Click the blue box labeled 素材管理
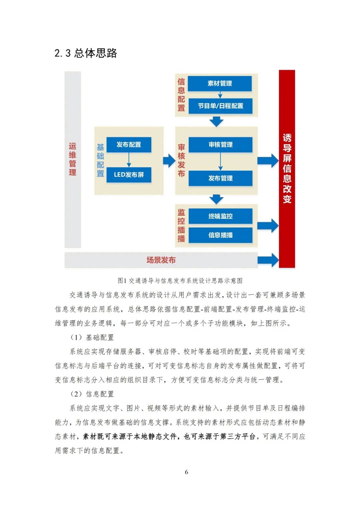point(220,83)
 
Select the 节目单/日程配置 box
point(220,106)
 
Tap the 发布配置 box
point(129,145)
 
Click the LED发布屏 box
point(129,175)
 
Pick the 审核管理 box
point(220,145)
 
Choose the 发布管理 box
point(220,178)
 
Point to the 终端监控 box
point(220,216)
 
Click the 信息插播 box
point(220,235)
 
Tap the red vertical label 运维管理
point(73,159)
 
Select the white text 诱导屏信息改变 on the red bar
point(287,168)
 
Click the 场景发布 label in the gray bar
point(161,260)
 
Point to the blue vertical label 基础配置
point(100,160)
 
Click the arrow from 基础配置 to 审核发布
point(169,161)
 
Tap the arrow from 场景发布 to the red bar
point(268,260)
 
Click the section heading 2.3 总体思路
point(86,53)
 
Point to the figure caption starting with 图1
point(180,281)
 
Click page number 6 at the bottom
point(186,472)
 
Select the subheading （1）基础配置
point(92,337)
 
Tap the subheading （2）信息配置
point(92,394)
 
